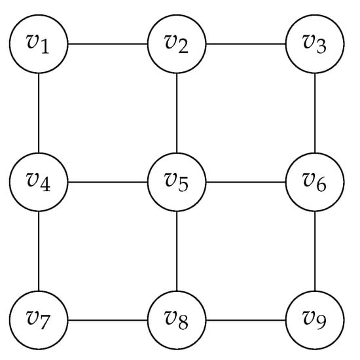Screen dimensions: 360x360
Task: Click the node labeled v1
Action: point(39,45)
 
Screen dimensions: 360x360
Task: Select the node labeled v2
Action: point(177,45)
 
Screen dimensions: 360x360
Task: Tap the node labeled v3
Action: point(315,45)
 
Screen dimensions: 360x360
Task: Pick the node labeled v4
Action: point(39,181)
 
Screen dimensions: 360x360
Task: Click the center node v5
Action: point(177,181)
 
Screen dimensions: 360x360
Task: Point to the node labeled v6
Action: point(315,181)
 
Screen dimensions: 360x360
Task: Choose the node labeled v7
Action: point(39,320)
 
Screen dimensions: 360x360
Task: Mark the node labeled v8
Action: point(177,320)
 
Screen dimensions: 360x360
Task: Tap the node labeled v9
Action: point(315,320)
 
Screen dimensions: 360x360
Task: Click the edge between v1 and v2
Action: point(108,45)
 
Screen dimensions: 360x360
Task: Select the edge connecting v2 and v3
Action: point(246,45)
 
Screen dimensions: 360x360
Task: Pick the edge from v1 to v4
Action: point(39,113)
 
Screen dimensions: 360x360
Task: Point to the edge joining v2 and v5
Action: point(177,113)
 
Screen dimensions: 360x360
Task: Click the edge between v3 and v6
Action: point(315,113)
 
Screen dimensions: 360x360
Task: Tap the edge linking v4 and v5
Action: point(108,181)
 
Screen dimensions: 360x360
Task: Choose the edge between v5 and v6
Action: point(246,181)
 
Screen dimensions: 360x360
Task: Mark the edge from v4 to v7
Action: point(39,251)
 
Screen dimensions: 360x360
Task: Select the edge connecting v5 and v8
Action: point(177,251)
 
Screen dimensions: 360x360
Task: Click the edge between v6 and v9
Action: point(315,251)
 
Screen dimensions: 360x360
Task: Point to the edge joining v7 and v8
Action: point(108,320)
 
